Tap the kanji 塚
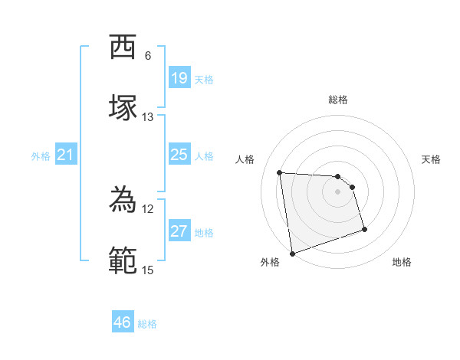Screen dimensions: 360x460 point(123,108)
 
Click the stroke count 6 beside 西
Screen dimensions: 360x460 point(148,56)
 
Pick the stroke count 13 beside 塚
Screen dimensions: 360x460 point(148,117)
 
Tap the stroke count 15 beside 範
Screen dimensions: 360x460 point(148,270)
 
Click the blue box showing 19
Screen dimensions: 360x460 point(179,78)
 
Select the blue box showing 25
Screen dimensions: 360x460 point(179,155)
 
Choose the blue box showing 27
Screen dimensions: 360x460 point(179,231)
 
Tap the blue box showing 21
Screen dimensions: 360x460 point(66,155)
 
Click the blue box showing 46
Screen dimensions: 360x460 point(123,322)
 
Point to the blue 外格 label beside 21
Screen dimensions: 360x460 point(41,156)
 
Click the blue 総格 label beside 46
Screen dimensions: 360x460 point(147,324)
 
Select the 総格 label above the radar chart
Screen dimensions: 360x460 point(338,100)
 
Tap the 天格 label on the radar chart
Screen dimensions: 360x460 point(432,159)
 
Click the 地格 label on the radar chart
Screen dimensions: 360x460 point(402,262)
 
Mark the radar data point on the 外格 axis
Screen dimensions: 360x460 point(291,253)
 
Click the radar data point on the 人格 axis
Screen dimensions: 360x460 point(280,172)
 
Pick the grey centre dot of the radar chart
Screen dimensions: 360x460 point(338,191)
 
